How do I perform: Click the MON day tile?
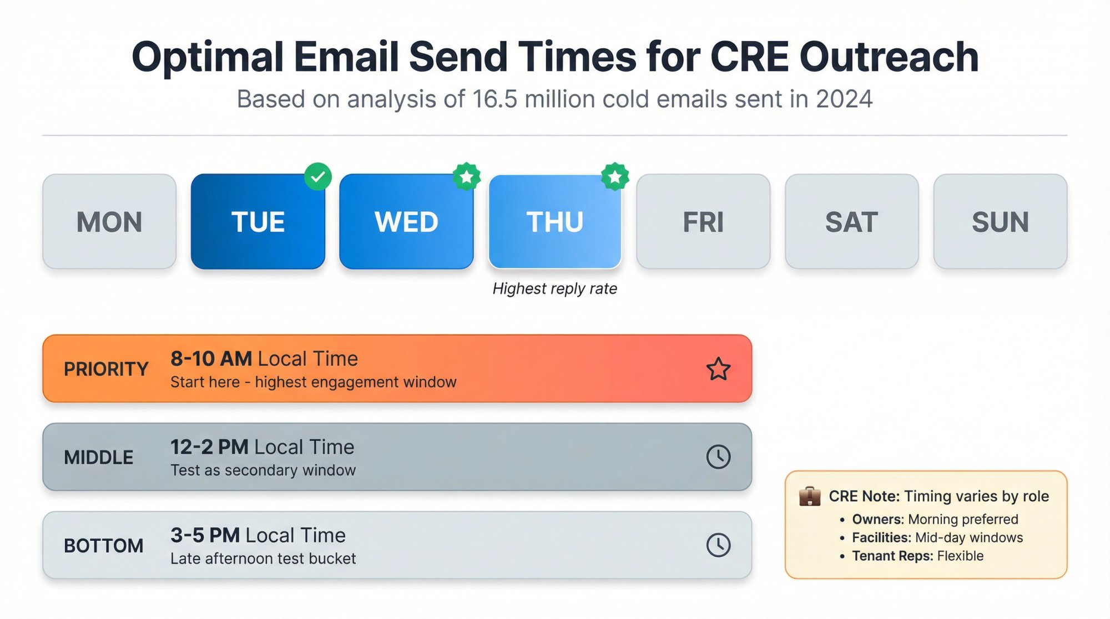[x=109, y=222]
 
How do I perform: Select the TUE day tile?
[x=258, y=222]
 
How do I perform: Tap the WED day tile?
[x=406, y=222]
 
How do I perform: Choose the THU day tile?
[x=555, y=222]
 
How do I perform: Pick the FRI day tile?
[x=703, y=222]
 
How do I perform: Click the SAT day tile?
[x=851, y=222]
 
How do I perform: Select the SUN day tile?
[x=1000, y=222]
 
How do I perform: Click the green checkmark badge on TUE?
[x=318, y=177]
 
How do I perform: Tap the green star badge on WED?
[x=467, y=177]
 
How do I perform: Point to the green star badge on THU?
[x=615, y=177]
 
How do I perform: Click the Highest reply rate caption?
[x=554, y=288]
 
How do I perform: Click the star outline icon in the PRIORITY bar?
[x=718, y=369]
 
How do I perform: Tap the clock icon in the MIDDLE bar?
[x=718, y=457]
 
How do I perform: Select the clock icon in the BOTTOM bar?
[x=718, y=545]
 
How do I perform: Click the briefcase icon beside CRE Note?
[x=810, y=496]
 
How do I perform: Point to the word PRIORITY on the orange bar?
[x=106, y=369]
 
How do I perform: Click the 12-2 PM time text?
[x=209, y=447]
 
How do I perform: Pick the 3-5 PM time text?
[x=205, y=535]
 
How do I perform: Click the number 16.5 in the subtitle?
[x=495, y=99]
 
